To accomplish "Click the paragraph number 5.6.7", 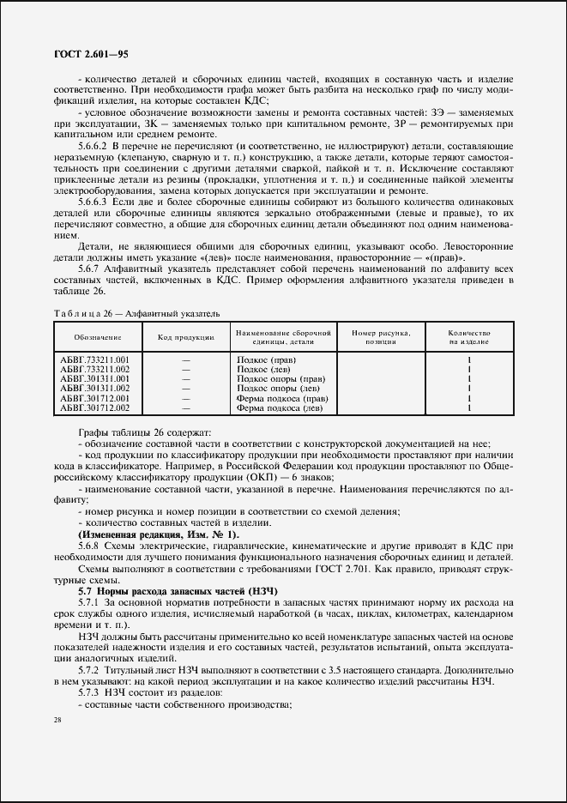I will click(92, 267).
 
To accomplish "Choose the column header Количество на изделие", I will click(468, 336).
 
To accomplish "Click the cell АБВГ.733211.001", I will click(94, 359).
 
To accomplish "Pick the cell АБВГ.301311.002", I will click(94, 388).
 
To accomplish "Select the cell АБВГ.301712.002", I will click(94, 408).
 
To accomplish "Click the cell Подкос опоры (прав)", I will click(280, 378).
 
